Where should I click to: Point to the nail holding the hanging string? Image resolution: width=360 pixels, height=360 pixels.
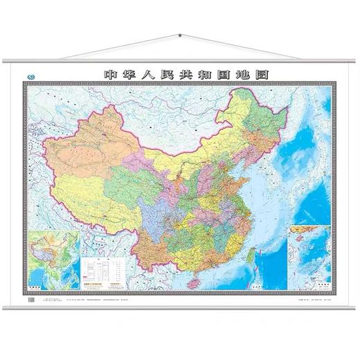point(179,35)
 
